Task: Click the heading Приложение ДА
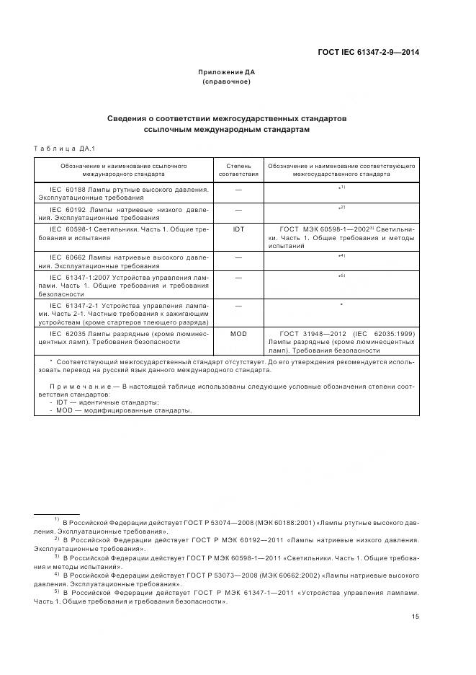pos(226,72)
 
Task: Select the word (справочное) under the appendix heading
pos(226,81)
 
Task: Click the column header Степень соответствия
pos(238,169)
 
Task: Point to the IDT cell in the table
pos(238,229)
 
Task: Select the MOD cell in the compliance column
pos(238,334)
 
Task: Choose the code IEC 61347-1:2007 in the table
pos(78,277)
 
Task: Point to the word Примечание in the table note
pos(66,387)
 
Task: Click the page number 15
pos(416,617)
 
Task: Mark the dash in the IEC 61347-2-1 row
pos(238,306)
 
